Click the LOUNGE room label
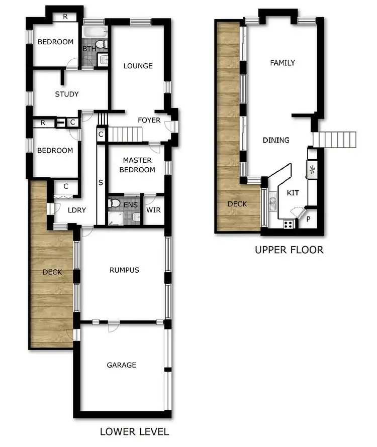coord(138,66)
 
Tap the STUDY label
coord(66,94)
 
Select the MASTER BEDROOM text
coord(138,165)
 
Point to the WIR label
coord(153,209)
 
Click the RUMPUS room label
coord(124,270)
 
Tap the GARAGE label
coord(122,365)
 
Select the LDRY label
coord(77,210)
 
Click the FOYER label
coord(149,120)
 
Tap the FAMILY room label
coord(282,63)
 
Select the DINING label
coord(276,140)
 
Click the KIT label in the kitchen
coord(293,192)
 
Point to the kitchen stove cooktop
coord(289,224)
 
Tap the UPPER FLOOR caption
coord(289,250)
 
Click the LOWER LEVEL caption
coord(134,431)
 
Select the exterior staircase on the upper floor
coord(334,139)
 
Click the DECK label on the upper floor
coord(237,204)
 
